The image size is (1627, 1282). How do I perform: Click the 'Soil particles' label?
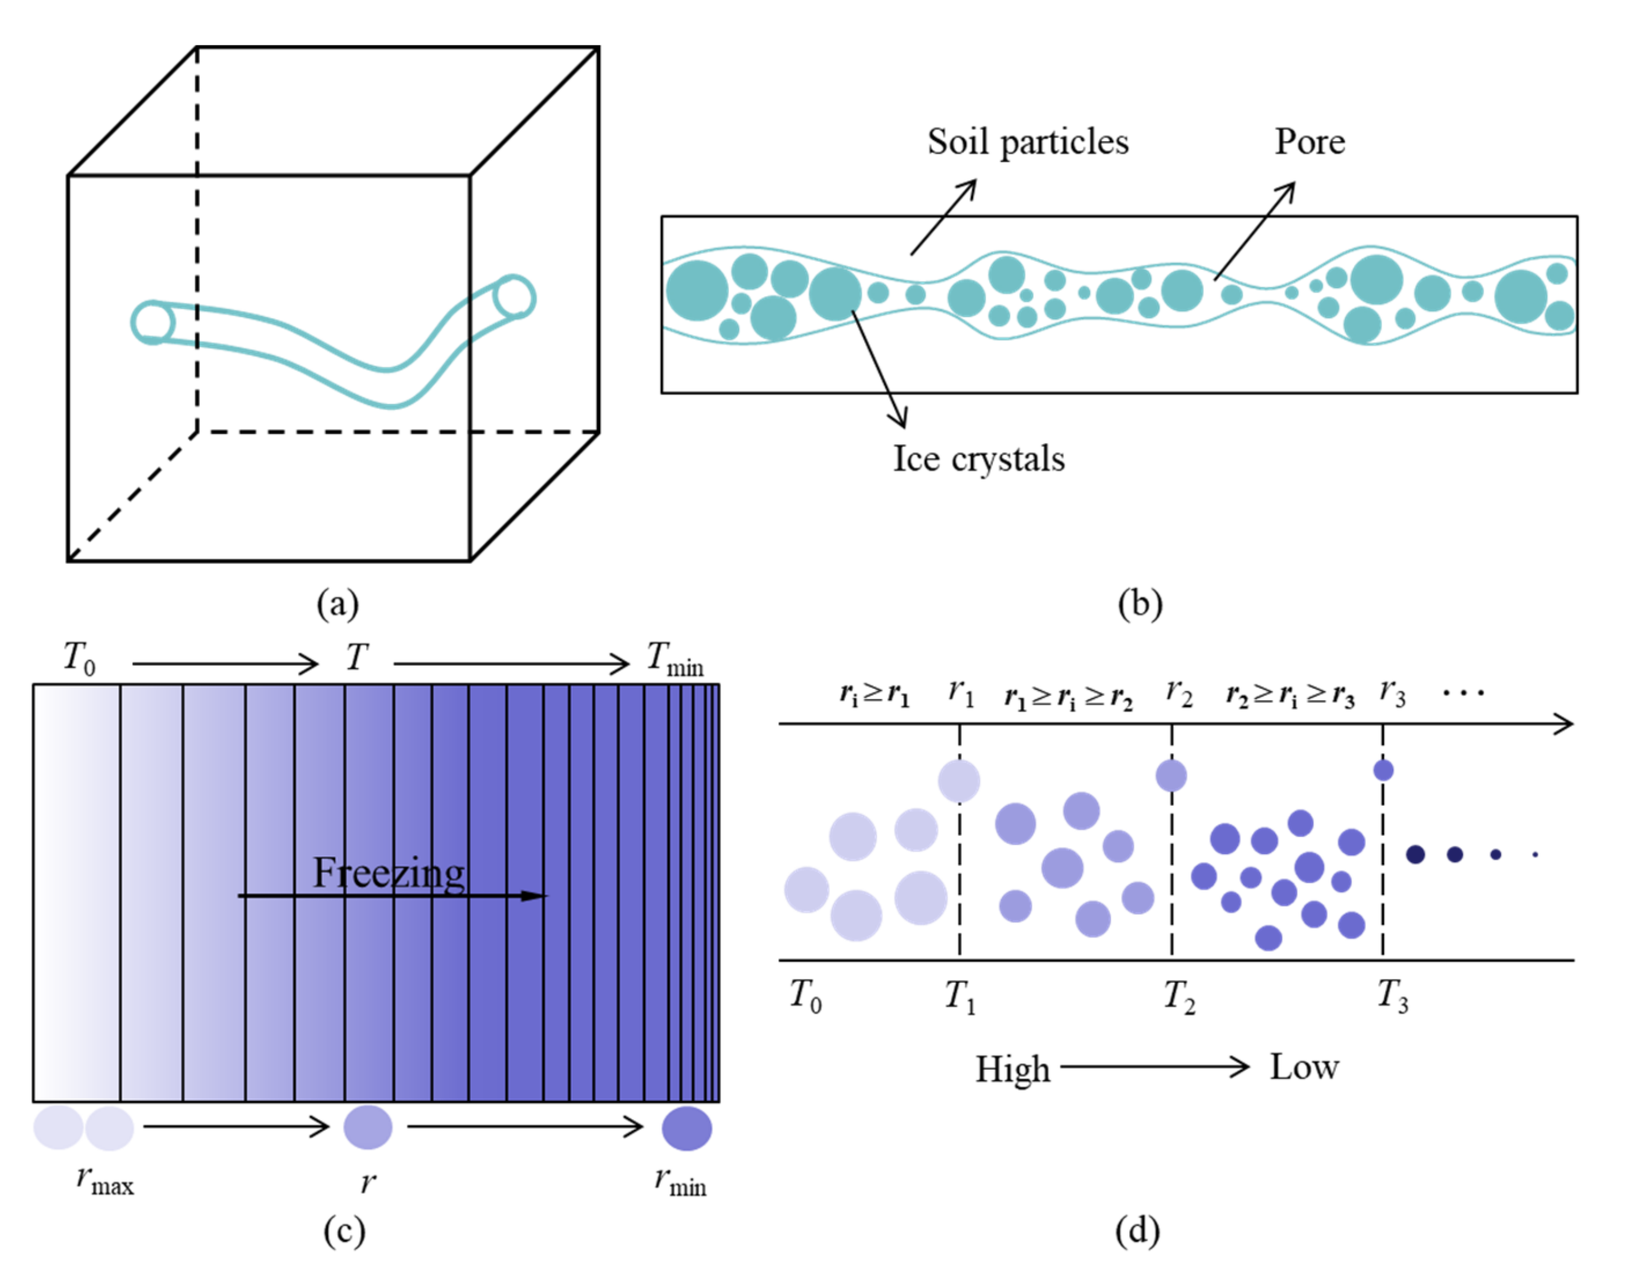pyautogui.click(x=1027, y=142)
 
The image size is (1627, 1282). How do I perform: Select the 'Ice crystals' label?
pyautogui.click(x=978, y=459)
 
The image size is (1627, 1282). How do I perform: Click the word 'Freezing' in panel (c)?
pyautogui.click(x=388, y=872)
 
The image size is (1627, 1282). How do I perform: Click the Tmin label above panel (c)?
pyautogui.click(x=674, y=659)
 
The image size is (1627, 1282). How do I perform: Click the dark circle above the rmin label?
pyautogui.click(x=686, y=1128)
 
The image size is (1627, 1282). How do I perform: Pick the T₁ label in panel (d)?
pyautogui.click(x=959, y=997)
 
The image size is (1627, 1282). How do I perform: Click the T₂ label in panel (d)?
pyautogui.click(x=1179, y=997)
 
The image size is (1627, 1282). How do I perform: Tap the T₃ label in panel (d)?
pyautogui.click(x=1392, y=997)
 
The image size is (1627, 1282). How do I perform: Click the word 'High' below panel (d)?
pyautogui.click(x=1012, y=1069)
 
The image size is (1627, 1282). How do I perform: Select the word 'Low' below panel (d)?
pyautogui.click(x=1303, y=1067)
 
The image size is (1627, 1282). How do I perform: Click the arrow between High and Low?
pyautogui.click(x=1155, y=1067)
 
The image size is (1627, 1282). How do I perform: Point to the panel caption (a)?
pyautogui.click(x=337, y=603)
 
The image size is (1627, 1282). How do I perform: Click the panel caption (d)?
pyautogui.click(x=1137, y=1231)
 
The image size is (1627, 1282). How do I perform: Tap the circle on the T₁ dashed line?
pyautogui.click(x=959, y=781)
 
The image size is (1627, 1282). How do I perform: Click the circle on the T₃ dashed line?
pyautogui.click(x=1383, y=770)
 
